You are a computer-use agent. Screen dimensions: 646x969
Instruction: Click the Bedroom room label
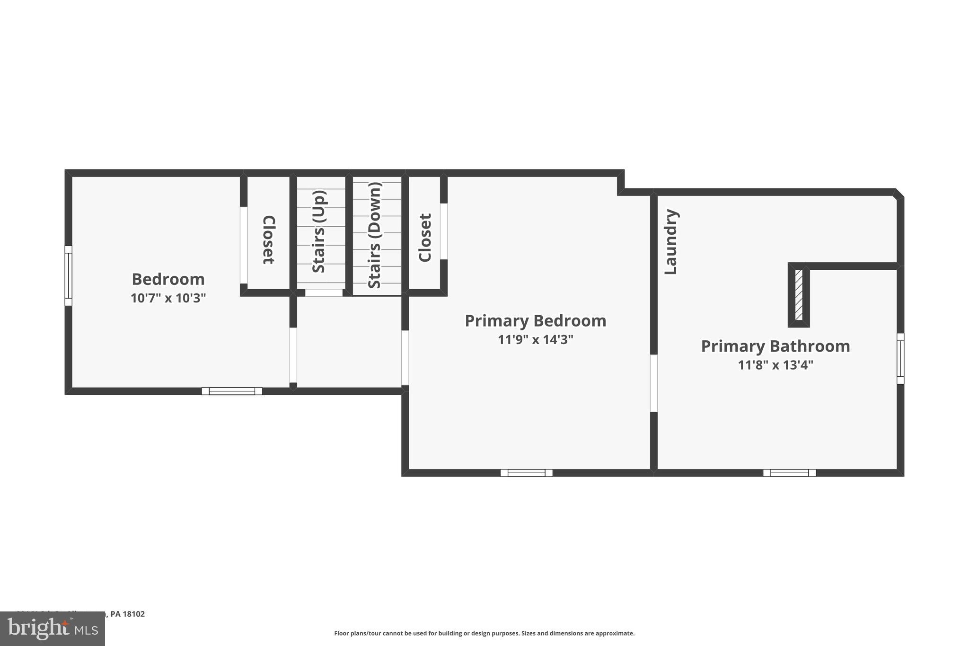[168, 279]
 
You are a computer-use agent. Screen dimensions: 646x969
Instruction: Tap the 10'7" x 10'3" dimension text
[168, 298]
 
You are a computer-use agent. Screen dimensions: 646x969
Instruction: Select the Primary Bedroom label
[535, 321]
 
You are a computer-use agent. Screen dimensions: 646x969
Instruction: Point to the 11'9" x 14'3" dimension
[535, 340]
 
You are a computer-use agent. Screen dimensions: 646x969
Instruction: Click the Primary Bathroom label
[775, 346]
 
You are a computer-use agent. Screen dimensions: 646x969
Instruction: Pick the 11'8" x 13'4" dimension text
[775, 365]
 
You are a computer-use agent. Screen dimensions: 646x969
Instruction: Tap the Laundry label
[671, 242]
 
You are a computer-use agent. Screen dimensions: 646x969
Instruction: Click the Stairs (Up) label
[319, 231]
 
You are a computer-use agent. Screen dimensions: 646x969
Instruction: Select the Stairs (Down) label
[374, 235]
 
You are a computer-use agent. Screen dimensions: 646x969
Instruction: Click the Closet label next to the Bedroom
[268, 240]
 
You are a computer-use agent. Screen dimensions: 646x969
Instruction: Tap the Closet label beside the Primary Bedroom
[425, 238]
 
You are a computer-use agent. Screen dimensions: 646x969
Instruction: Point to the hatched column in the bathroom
[799, 294]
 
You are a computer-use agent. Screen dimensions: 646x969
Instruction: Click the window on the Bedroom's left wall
[68, 275]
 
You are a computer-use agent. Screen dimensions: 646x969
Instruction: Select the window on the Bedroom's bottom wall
[232, 391]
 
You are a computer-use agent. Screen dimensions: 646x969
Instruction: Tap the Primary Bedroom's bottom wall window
[526, 472]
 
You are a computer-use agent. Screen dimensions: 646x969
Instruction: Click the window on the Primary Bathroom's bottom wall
[789, 472]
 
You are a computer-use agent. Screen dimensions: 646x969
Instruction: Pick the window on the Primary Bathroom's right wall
[900, 358]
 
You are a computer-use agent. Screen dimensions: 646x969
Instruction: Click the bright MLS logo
[52, 629]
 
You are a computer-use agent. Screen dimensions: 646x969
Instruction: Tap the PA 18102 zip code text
[127, 614]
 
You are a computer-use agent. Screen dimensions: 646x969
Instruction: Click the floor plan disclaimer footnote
[484, 633]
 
